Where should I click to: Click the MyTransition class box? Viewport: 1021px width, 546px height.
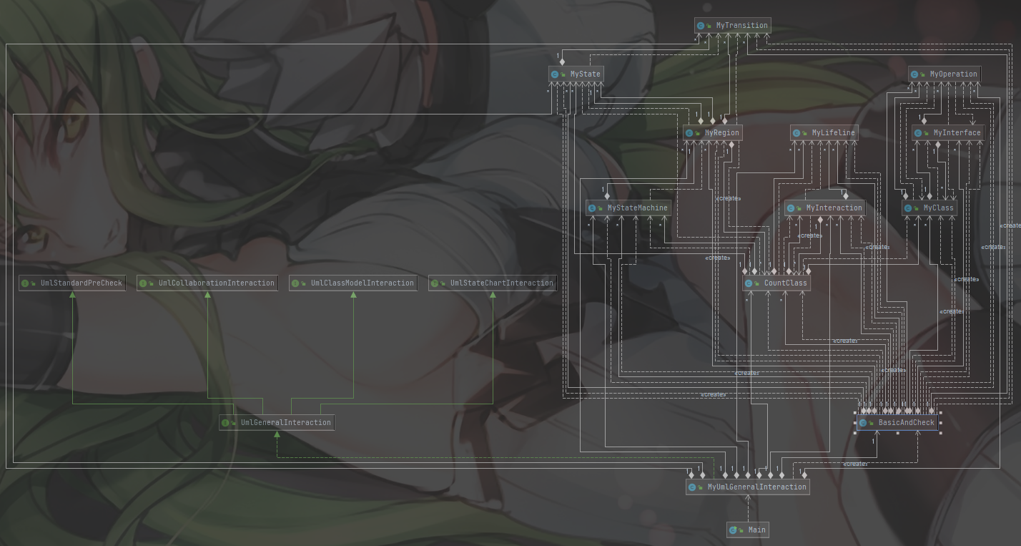tap(733, 26)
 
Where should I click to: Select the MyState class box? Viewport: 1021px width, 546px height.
tap(576, 74)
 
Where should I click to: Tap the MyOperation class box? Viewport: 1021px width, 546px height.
tap(944, 74)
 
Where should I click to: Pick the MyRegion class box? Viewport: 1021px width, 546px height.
tap(712, 132)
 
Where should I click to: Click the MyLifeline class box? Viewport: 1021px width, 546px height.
tap(824, 132)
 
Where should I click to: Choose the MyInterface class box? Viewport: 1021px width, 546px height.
tap(948, 132)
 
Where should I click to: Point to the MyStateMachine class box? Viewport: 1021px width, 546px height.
tap(628, 208)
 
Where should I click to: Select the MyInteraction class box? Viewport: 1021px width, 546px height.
tap(825, 208)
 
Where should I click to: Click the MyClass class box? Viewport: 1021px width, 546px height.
tap(929, 208)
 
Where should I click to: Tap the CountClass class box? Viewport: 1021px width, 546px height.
tap(776, 283)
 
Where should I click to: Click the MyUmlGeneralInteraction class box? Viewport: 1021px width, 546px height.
tap(748, 487)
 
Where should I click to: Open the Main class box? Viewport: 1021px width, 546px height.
tap(748, 530)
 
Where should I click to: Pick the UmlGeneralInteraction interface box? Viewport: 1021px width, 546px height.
tap(277, 422)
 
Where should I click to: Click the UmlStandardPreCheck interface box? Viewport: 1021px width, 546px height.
tap(72, 283)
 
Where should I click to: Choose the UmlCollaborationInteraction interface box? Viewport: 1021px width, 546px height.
tap(207, 283)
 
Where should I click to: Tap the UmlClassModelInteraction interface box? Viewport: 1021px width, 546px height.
tap(353, 283)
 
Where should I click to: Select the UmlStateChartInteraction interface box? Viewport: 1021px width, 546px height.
tap(493, 283)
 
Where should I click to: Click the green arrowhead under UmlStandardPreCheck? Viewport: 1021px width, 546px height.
tap(72, 294)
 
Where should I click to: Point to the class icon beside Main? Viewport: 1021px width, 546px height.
tap(733, 530)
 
